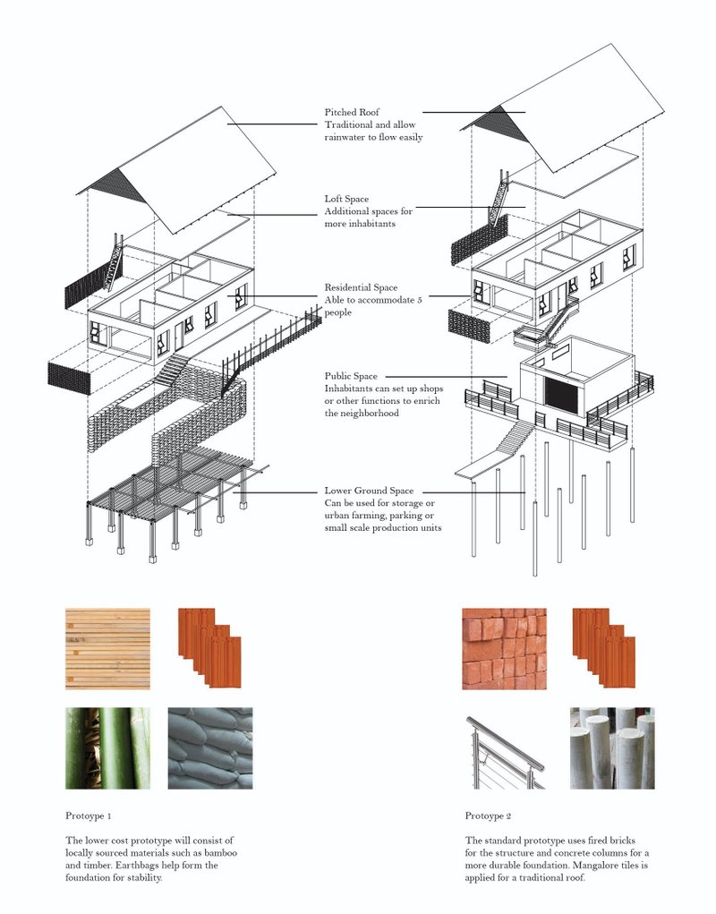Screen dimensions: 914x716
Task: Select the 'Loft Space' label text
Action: [x=346, y=199]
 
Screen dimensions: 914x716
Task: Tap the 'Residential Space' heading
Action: [x=361, y=288]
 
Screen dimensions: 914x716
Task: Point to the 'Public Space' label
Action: [x=351, y=377]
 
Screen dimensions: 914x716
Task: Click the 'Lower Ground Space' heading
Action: [x=369, y=491]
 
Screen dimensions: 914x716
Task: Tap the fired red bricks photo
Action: [x=504, y=649]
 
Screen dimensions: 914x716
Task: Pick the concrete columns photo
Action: [x=612, y=747]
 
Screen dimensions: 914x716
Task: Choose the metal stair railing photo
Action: [x=504, y=747]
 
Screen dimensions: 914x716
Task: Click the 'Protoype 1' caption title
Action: [x=89, y=816]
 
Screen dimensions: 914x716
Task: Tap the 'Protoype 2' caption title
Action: [x=489, y=816]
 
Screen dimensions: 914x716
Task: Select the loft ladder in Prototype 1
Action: [x=114, y=261]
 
